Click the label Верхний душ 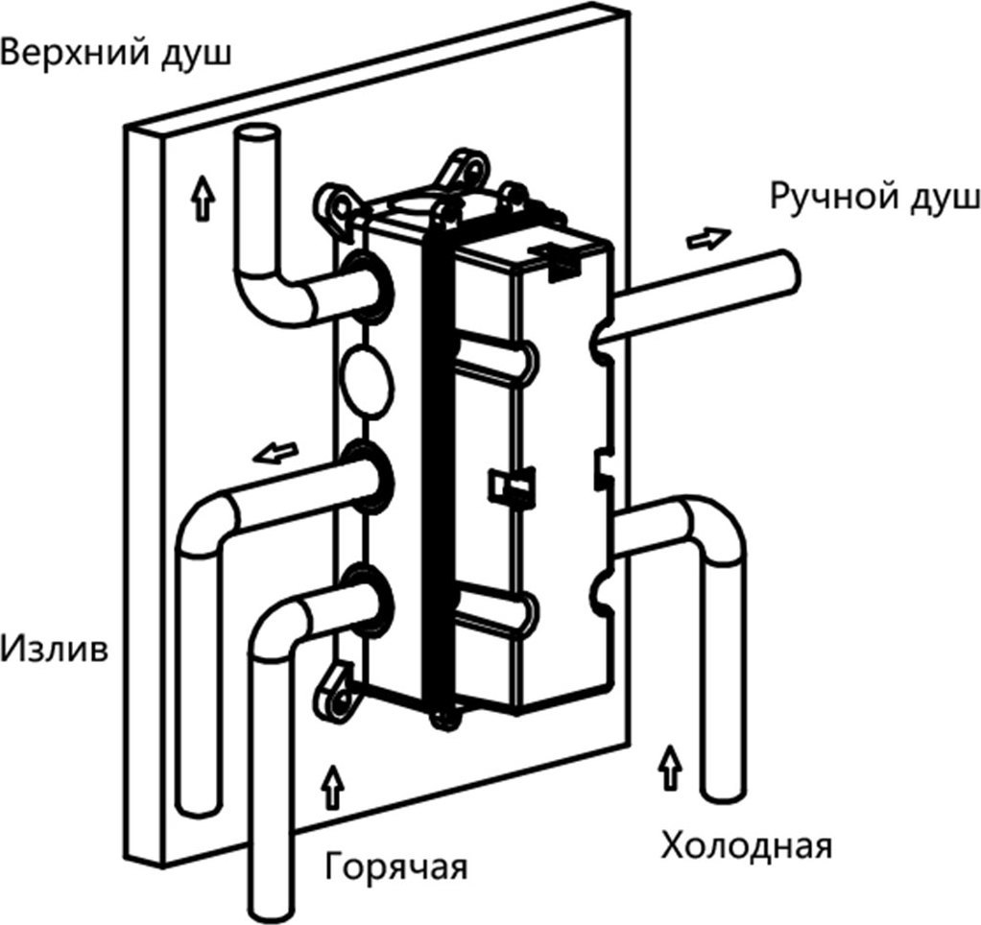116,53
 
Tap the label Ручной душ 873,199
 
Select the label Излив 54,651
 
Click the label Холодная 746,847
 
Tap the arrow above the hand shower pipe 707,235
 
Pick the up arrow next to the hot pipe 333,788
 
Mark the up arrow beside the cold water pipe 671,766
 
